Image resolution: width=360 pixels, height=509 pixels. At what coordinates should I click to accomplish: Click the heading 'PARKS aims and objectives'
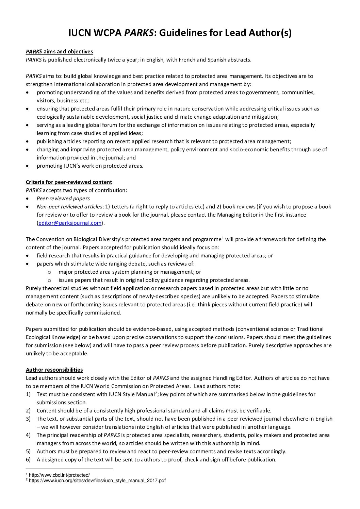point(59,52)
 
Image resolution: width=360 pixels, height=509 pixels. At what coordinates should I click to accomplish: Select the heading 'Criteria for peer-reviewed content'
point(69,182)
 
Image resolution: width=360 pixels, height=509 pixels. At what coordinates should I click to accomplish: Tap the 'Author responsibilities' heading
point(54,370)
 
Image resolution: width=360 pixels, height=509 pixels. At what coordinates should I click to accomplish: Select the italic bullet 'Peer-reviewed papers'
point(63,199)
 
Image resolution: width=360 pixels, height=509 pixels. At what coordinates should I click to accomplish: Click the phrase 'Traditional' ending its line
point(310,329)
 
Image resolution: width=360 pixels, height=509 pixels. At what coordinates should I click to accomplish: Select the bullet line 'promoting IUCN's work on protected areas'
point(90,166)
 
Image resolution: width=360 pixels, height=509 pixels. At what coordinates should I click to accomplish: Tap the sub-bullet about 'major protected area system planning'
point(130,272)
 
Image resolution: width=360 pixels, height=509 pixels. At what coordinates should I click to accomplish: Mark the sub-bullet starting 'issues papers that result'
point(154,280)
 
